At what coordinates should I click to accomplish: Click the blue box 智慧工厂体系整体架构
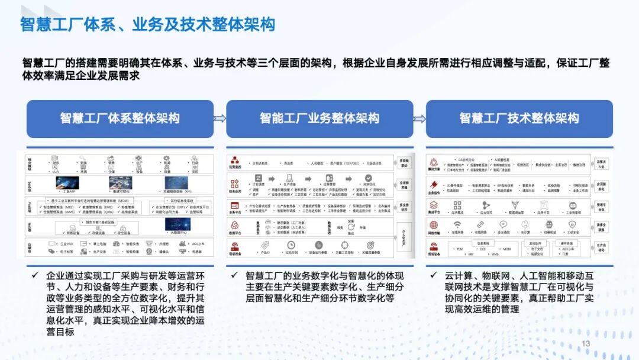[x=120, y=118]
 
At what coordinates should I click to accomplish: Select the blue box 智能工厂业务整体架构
[x=319, y=118]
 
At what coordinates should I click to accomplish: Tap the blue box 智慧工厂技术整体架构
[x=519, y=118]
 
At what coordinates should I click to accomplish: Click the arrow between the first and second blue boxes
[x=220, y=118]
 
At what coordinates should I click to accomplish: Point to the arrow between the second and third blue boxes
[x=419, y=118]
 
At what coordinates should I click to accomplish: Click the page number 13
[x=586, y=344]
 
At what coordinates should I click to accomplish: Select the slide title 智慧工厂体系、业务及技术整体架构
[x=147, y=25]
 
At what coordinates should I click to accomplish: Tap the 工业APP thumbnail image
[x=67, y=182]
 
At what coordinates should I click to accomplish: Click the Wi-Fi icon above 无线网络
[x=457, y=225]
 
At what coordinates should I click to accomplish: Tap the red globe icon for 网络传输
[x=434, y=226]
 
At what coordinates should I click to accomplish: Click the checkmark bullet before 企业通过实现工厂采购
[x=35, y=275]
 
